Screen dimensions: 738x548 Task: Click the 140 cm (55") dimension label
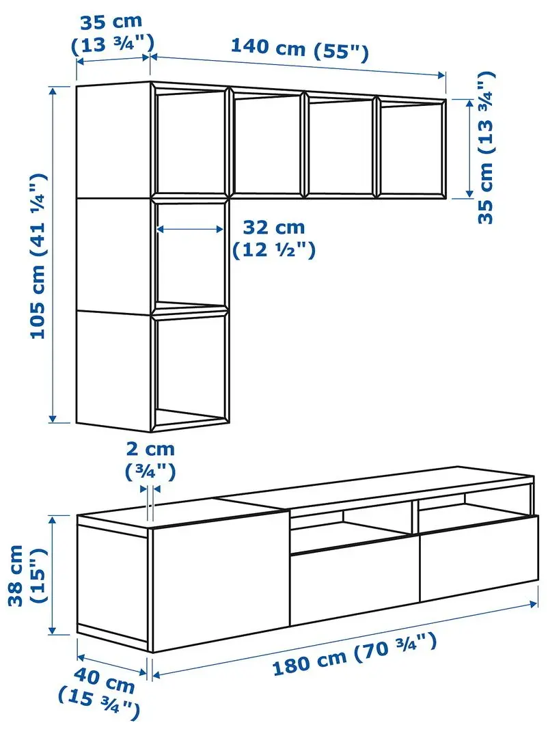(299, 49)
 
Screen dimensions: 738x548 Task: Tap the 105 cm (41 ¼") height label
(40, 256)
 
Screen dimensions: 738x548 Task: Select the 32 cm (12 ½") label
(274, 238)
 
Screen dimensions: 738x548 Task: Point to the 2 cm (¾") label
(150, 460)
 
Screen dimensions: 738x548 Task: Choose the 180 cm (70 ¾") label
(353, 654)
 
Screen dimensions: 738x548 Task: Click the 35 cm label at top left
(112, 33)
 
